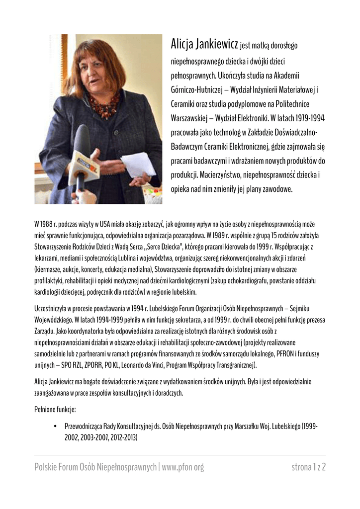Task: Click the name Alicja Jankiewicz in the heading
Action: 204,46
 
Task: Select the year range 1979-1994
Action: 308,118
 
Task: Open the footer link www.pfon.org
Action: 183,467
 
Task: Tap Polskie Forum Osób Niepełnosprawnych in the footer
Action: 95,467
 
